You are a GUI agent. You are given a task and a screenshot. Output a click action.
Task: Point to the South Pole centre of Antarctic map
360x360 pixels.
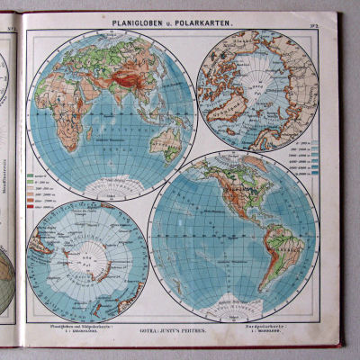(89, 260)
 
